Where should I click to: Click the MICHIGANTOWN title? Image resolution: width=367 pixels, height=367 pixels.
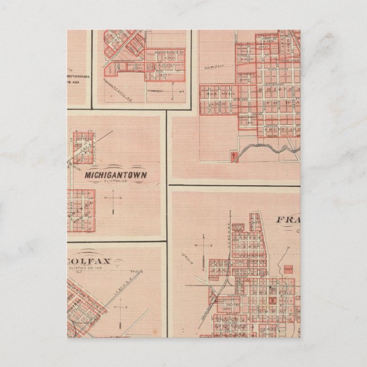click(116, 176)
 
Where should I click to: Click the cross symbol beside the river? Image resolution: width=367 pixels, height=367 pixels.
click(233, 156)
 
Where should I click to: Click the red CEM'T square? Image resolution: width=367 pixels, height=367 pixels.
click(288, 266)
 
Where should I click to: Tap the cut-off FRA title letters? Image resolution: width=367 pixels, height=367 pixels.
click(288, 220)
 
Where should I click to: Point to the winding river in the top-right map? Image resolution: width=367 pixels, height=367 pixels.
click(268, 149)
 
